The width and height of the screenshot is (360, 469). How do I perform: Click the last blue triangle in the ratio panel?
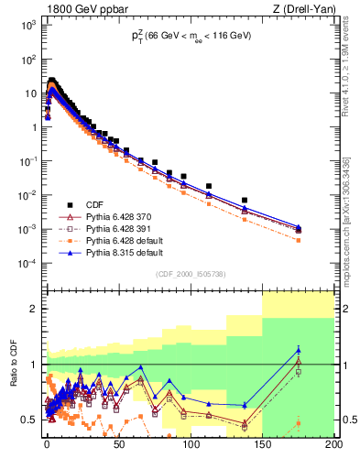coord(298,349)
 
